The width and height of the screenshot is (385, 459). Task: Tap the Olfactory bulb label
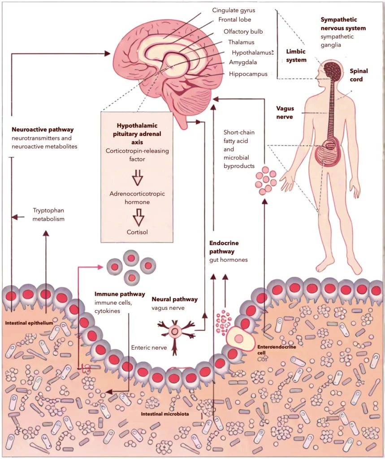[x=243, y=31]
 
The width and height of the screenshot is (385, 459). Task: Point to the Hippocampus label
[x=248, y=74]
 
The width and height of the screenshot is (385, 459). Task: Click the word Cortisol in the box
[x=137, y=232]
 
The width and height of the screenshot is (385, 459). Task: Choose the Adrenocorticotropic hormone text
[x=137, y=198]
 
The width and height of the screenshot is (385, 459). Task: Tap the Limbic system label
[x=296, y=56]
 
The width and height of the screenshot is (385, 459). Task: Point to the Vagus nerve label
[x=285, y=112]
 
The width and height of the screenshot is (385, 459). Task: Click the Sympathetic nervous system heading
[x=343, y=24]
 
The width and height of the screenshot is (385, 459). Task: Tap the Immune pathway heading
[x=120, y=294]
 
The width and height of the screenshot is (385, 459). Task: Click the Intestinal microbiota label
[x=164, y=415]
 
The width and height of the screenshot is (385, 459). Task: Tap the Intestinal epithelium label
[x=29, y=323]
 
